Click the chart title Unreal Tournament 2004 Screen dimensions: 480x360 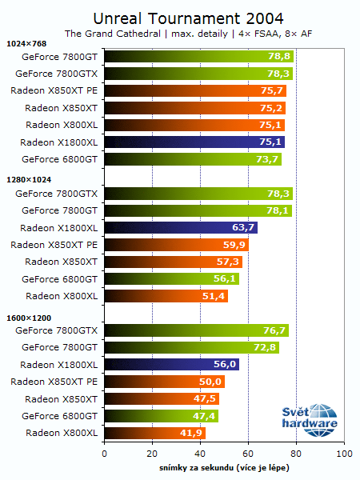point(188,17)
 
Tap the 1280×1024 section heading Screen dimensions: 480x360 point(28,180)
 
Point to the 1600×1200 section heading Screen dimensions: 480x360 point(28,318)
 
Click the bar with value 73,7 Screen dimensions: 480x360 point(192,159)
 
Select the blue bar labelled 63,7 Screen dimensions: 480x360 point(180,227)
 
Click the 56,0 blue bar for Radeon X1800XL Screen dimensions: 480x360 point(171,364)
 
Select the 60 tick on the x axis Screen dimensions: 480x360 point(248,454)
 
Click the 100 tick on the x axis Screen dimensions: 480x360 point(343,454)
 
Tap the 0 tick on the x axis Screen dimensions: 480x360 point(104,454)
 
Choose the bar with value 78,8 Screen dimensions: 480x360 point(198,56)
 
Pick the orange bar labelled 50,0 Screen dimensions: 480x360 point(164,382)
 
